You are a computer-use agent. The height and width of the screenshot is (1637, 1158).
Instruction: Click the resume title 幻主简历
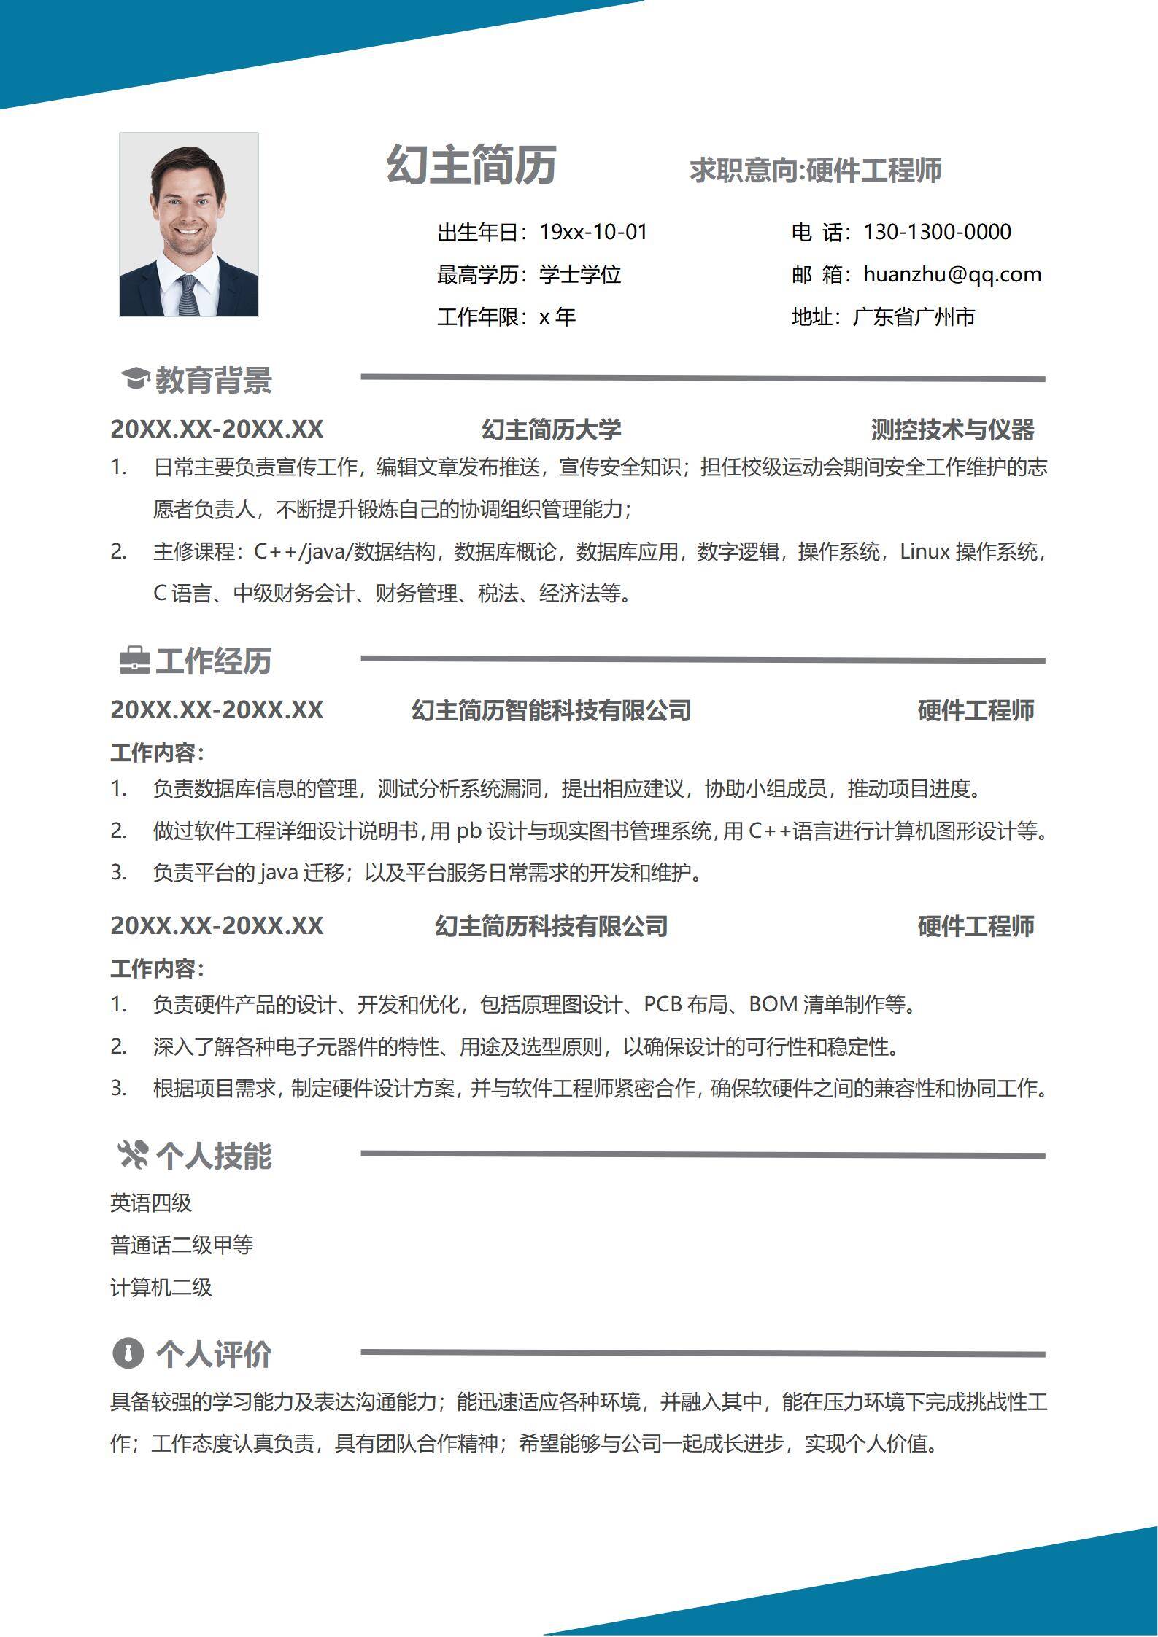click(x=471, y=165)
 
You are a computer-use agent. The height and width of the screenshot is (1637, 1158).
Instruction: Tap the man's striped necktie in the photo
click(x=188, y=295)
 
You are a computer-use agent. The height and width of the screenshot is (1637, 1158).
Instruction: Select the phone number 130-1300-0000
click(x=937, y=232)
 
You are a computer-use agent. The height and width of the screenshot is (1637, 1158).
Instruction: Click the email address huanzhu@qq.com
click(x=952, y=274)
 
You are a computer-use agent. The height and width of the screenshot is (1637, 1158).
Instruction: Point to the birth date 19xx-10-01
click(x=593, y=232)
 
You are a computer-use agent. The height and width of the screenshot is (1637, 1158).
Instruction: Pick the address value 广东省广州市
click(x=914, y=316)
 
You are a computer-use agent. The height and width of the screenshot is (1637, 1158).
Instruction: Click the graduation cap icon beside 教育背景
click(x=134, y=378)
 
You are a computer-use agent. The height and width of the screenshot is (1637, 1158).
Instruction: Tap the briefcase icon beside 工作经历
click(x=134, y=660)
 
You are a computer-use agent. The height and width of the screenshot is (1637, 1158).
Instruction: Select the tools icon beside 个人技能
click(x=133, y=1155)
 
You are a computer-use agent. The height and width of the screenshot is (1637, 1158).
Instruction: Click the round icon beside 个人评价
click(x=128, y=1353)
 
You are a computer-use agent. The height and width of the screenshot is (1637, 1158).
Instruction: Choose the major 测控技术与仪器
click(x=952, y=429)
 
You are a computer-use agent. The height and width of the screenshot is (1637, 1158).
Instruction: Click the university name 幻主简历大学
click(x=551, y=429)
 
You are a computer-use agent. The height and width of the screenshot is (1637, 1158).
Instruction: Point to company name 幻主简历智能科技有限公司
click(x=551, y=710)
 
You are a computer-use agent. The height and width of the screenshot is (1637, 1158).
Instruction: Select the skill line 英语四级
click(x=151, y=1202)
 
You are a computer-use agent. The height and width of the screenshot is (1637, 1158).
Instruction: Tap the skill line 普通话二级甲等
click(x=182, y=1245)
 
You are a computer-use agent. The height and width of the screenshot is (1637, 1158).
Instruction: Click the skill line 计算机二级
click(x=161, y=1287)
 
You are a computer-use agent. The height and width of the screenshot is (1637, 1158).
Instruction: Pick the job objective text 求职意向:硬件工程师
click(x=815, y=170)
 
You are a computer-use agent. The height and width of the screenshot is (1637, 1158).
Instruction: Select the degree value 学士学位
click(x=580, y=274)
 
